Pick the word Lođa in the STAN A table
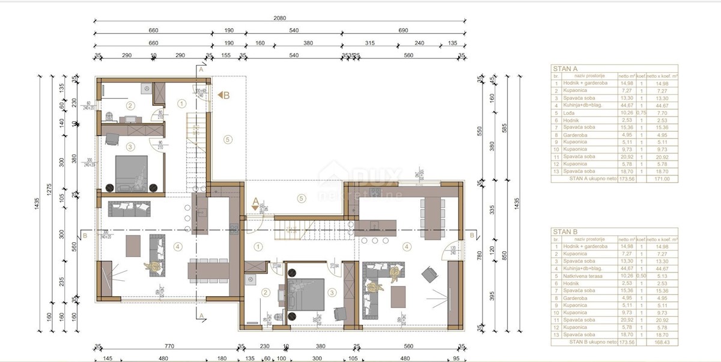(x=569, y=112)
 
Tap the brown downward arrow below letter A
(x=255, y=207)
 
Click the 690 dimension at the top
(x=403, y=30)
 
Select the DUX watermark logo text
(x=376, y=176)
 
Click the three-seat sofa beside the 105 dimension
(x=129, y=208)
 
